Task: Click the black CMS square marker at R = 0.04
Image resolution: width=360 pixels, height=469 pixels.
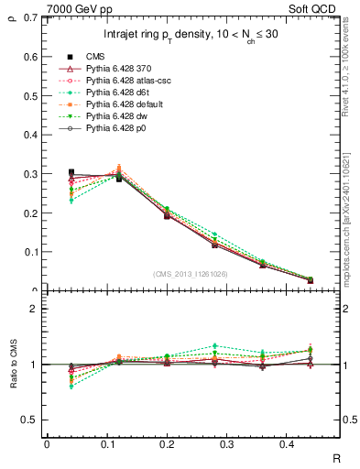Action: click(x=71, y=172)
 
